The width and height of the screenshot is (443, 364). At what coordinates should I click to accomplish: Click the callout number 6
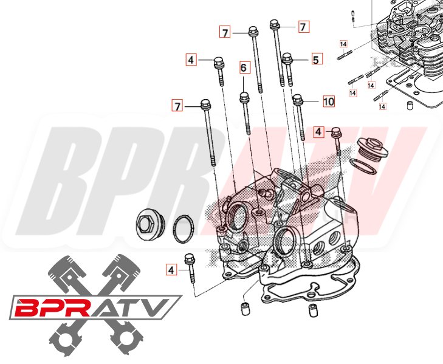point(244,67)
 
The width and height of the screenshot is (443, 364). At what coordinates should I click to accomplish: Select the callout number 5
point(315,59)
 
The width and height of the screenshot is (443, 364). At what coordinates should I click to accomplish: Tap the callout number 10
point(328,101)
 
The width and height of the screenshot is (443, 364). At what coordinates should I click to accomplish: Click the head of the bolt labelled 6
point(244,97)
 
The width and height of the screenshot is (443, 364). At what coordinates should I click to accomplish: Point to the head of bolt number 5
point(287,59)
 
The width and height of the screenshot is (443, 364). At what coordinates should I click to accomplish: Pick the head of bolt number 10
point(298,98)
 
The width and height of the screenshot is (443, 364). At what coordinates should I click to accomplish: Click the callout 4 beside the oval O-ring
point(317,131)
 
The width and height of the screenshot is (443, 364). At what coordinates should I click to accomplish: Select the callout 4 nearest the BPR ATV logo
point(171,269)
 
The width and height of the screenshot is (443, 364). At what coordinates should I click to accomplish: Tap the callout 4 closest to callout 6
point(191,60)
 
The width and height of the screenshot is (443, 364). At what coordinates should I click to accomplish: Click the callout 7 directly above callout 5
point(303,26)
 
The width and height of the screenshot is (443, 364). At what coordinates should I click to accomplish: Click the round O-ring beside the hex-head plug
point(184,228)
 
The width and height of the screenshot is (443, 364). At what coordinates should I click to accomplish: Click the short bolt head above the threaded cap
point(335,132)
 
